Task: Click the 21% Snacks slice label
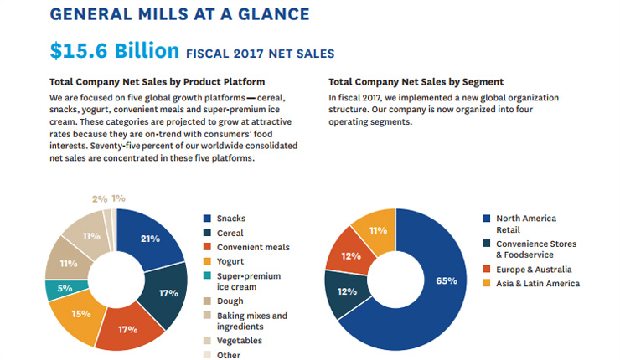[150, 239]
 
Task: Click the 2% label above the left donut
[100, 198]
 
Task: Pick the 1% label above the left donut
[119, 198]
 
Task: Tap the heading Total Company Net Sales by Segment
[416, 82]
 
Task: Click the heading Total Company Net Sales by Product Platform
[158, 82]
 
